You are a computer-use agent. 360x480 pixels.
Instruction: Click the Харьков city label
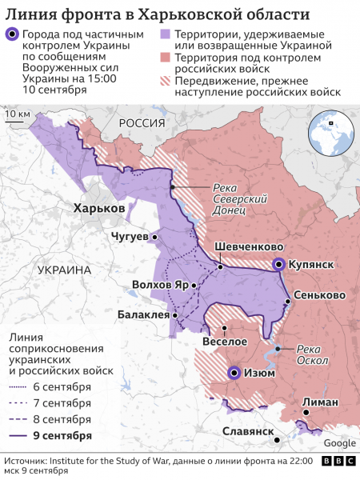pos(98,208)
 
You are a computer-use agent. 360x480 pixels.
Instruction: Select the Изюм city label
pos(260,372)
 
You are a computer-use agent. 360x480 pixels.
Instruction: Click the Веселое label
pos(225,341)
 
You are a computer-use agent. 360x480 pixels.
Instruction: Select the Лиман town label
pos(320,402)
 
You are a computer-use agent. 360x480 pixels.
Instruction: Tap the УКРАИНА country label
pos(64,270)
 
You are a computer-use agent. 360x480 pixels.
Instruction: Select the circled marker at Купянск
pos(278,264)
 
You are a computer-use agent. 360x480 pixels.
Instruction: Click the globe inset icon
pos(330,130)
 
